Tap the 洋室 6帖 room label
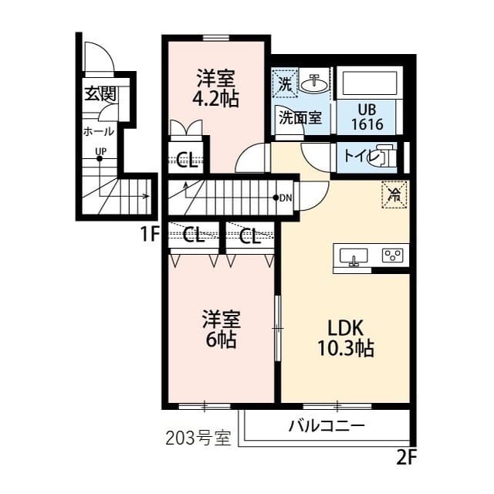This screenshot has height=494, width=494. [222, 330]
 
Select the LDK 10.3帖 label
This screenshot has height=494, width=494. [346, 338]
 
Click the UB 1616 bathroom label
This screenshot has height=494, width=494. [367, 117]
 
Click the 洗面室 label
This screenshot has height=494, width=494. [300, 118]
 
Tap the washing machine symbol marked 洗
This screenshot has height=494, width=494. [285, 84]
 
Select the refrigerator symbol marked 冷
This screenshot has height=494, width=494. [394, 195]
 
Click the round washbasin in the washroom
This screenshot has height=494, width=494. [314, 84]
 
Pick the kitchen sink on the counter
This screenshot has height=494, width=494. [354, 256]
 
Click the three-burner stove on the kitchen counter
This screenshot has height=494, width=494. [393, 255]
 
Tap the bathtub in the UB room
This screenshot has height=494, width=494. [367, 83]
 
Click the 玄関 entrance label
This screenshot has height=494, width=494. [100, 94]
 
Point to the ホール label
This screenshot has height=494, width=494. [99, 131]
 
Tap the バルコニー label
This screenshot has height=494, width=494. [327, 426]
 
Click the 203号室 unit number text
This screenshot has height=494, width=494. [198, 438]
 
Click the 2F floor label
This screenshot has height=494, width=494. [407, 457]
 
